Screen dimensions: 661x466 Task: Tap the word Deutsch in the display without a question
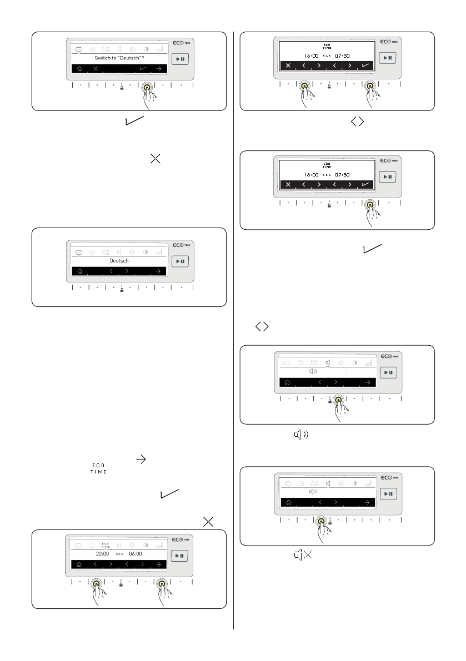pyautogui.click(x=119, y=260)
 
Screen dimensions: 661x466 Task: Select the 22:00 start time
pyautogui.click(x=103, y=553)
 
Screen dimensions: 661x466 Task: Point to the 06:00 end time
pyautogui.click(x=136, y=553)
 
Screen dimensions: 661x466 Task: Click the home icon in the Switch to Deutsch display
pyautogui.click(x=79, y=68)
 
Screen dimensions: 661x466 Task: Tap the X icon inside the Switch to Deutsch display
pyautogui.click(x=96, y=68)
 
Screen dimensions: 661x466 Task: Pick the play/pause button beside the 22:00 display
pyautogui.click(x=179, y=556)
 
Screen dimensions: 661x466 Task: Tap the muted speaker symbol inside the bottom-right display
pyautogui.click(x=313, y=492)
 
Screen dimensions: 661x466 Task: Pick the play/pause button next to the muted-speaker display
pyautogui.click(x=388, y=493)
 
